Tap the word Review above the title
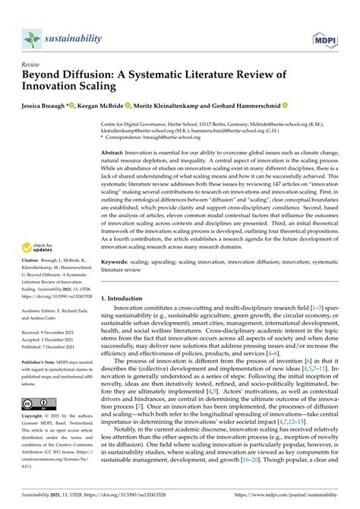33,65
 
